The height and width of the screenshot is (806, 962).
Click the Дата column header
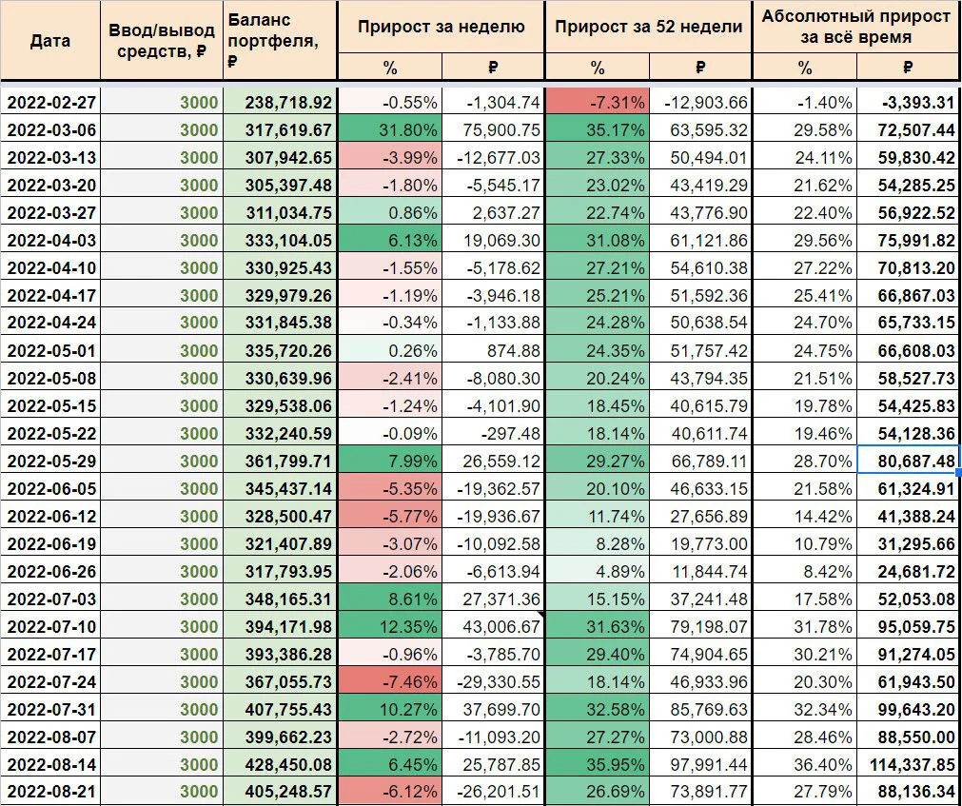[50, 41]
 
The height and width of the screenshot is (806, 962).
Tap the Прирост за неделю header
[442, 27]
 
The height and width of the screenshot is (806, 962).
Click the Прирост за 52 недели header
[649, 27]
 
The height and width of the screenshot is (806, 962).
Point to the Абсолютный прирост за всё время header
[856, 27]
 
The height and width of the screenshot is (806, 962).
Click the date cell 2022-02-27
[50, 103]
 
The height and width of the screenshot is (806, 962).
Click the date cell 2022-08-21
[50, 792]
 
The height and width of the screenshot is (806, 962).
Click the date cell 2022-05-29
[50, 461]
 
